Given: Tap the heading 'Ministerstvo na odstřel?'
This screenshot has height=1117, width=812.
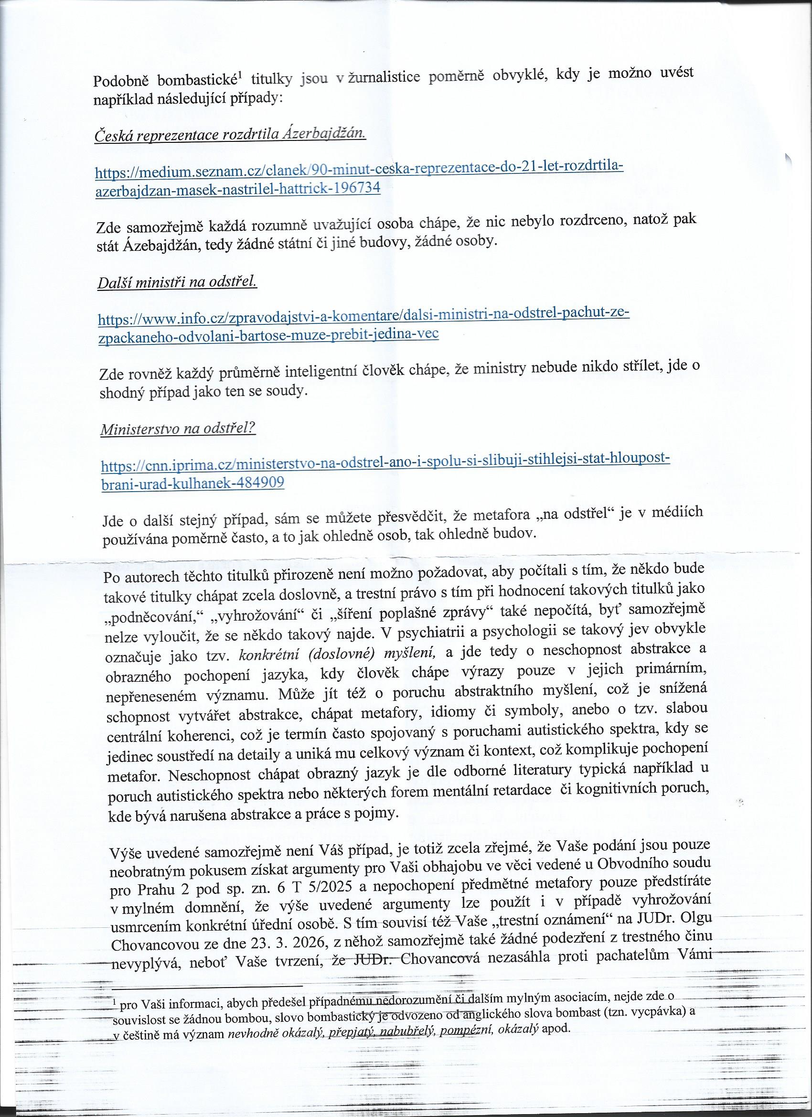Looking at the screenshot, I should pos(178,429).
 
